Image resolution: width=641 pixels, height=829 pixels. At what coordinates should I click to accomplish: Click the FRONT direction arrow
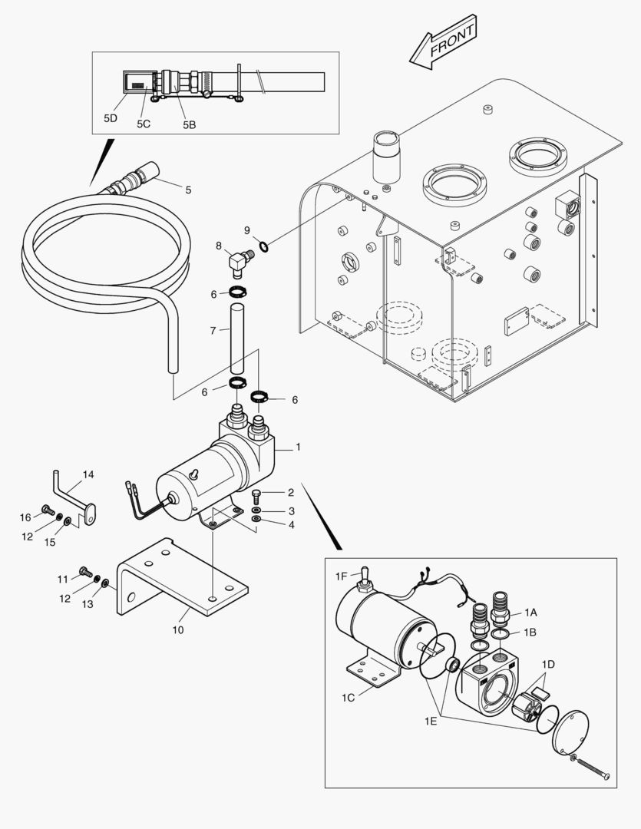(443, 45)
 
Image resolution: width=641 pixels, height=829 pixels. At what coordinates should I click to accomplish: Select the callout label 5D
(111, 118)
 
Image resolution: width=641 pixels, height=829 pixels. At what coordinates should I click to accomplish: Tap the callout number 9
(247, 230)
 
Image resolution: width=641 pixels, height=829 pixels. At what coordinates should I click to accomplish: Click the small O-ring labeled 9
(264, 246)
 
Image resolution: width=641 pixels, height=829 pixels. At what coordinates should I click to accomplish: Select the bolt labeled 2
(256, 494)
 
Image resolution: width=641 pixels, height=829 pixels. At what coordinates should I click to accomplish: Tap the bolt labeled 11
(85, 573)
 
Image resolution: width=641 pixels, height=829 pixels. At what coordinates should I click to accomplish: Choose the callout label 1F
(342, 576)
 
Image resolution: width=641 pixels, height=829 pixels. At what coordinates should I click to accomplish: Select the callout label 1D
(548, 664)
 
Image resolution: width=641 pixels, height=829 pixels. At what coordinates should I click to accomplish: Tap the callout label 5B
(189, 124)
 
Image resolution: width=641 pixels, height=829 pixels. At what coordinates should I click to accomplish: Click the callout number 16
(25, 517)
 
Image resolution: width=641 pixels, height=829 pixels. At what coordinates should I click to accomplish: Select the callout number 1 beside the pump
(298, 446)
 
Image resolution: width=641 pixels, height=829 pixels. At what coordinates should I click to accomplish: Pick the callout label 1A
(530, 612)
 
